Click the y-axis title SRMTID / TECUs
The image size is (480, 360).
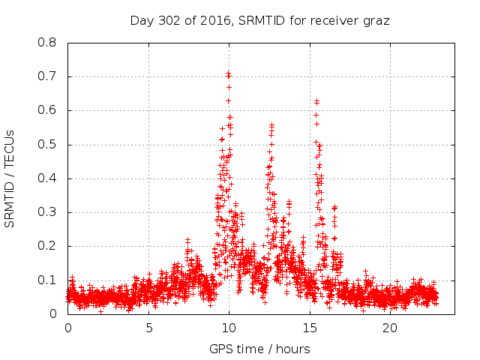[10, 178]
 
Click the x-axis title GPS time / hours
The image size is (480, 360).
[259, 349]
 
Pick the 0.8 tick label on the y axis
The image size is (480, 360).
[48, 43]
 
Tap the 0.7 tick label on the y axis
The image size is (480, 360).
[48, 76]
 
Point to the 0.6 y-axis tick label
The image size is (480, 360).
[48, 110]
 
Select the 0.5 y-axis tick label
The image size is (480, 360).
[48, 145]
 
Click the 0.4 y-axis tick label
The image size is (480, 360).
[48, 178]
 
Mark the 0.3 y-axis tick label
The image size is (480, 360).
[48, 212]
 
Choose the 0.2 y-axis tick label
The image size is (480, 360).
[48, 246]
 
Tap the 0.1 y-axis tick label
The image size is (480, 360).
[48, 280]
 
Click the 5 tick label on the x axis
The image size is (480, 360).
[148, 328]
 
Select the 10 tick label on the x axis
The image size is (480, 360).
[229, 328]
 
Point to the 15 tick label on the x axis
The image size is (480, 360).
[310, 328]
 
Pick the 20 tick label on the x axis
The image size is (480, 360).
[390, 328]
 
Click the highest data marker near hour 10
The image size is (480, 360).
[228, 73]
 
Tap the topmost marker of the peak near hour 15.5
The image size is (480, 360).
[316, 100]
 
